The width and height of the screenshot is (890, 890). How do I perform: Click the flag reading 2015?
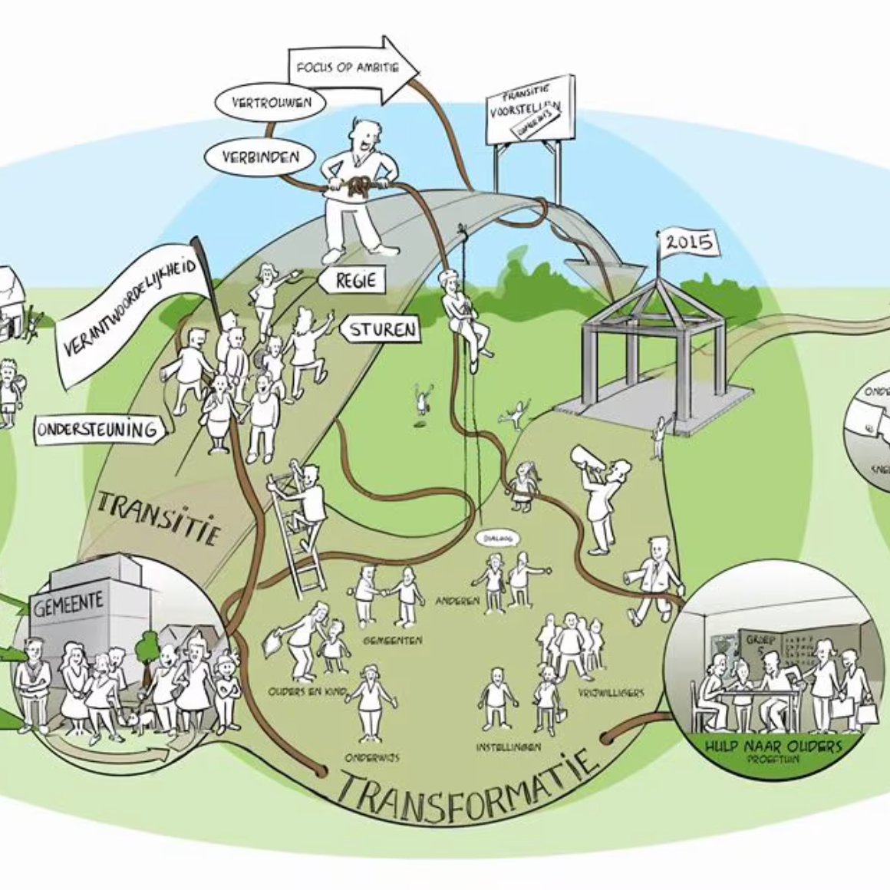(687, 244)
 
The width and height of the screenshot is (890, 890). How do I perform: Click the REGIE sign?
(356, 281)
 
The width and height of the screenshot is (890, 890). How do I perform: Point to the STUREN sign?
(383, 331)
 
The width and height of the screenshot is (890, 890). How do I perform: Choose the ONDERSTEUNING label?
(97, 430)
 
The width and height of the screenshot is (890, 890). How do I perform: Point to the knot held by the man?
(358, 186)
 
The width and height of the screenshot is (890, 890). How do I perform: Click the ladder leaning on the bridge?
(292, 529)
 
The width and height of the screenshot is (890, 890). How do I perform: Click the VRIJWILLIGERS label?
(611, 693)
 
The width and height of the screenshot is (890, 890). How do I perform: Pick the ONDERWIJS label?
(371, 757)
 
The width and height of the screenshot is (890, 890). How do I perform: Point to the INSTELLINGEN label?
(508, 747)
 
